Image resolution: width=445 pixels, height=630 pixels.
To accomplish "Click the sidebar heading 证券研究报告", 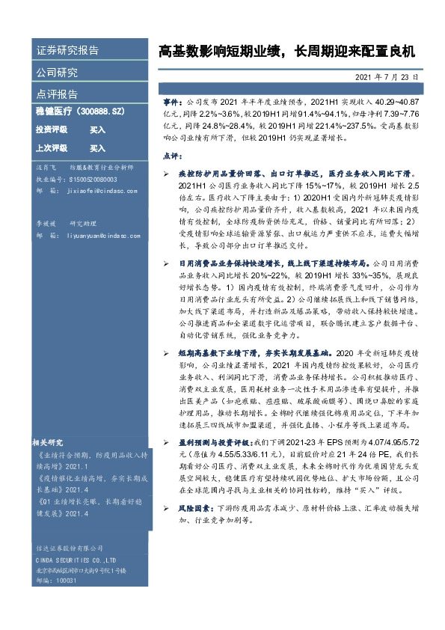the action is pyautogui.click(x=67, y=51).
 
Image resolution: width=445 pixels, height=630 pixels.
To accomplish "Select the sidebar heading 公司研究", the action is pyautogui.click(x=57, y=73).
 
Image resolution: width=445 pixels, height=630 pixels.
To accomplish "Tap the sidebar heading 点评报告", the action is pyautogui.click(x=57, y=94).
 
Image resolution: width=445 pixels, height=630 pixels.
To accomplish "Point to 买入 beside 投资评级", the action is pyautogui.click(x=97, y=129).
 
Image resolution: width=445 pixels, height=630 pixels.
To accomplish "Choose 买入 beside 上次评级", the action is pyautogui.click(x=97, y=148).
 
